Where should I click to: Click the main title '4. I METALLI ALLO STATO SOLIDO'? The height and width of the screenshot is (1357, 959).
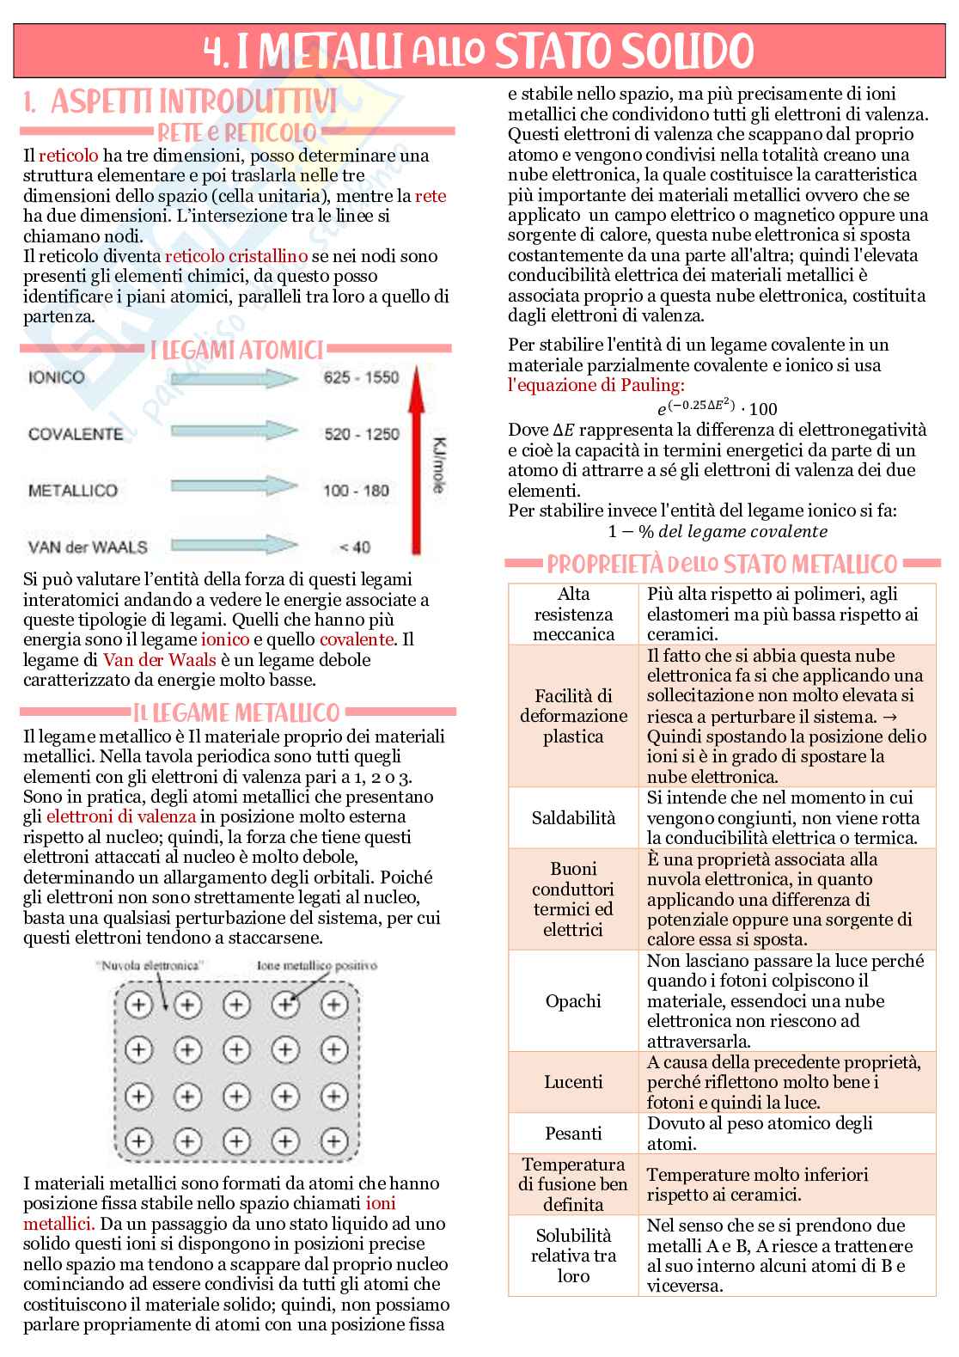click(479, 51)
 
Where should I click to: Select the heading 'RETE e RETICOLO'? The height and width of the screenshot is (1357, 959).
click(237, 132)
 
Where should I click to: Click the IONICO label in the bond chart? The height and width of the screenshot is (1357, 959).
click(57, 376)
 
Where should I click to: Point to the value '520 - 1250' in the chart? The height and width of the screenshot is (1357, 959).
click(361, 434)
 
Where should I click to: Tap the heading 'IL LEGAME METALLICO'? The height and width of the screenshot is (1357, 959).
click(237, 712)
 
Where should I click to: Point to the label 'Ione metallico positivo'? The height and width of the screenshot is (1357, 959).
click(317, 965)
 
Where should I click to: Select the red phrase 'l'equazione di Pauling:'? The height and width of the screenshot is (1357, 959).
click(596, 384)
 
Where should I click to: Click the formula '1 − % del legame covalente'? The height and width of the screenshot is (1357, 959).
click(717, 531)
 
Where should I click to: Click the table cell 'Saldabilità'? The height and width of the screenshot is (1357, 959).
click(573, 817)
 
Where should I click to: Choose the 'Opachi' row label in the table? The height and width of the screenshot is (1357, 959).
click(573, 1001)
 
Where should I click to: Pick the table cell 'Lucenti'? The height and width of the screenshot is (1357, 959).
click(573, 1082)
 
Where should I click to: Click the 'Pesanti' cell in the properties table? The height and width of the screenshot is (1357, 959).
click(573, 1134)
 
